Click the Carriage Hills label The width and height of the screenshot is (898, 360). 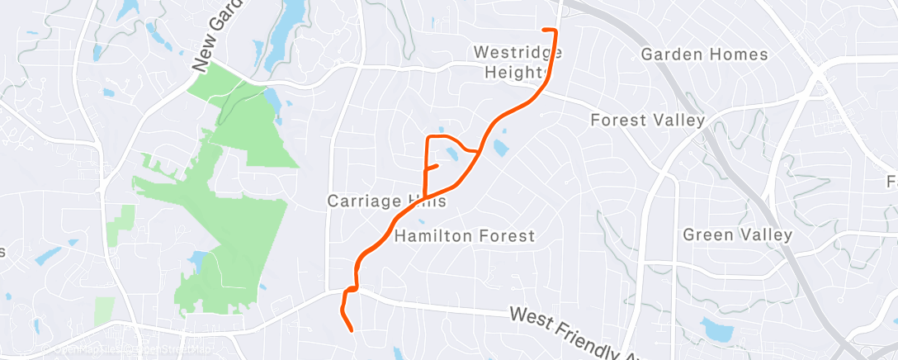tap(386, 201)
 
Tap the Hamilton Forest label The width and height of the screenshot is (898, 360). tap(465, 236)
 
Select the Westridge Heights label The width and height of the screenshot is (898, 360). tap(518, 62)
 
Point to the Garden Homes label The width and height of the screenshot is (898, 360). tap(704, 55)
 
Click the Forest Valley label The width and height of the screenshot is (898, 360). tap(647, 121)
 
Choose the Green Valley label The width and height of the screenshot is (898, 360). tap(737, 235)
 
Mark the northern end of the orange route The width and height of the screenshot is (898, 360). tap(544, 30)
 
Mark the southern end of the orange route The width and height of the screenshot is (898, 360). tap(352, 330)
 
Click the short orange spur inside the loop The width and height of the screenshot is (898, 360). tap(431, 167)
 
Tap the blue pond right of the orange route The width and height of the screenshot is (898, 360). tap(500, 148)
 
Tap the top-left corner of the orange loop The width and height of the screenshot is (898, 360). tap(427, 137)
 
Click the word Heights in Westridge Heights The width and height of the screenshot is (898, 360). tap(518, 73)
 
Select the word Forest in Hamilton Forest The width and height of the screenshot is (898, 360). tap(501, 236)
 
